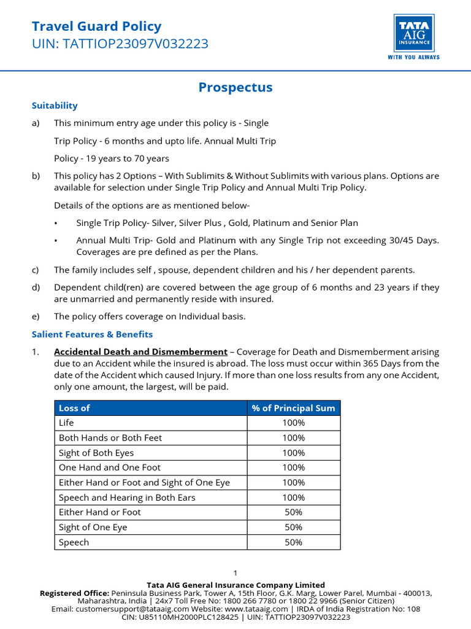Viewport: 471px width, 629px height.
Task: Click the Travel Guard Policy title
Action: point(96,26)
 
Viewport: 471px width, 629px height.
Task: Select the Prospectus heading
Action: point(235,87)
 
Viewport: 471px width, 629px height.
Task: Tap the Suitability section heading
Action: point(55,106)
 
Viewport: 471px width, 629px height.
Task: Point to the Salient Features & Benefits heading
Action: point(92,334)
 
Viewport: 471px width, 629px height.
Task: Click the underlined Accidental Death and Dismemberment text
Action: point(140,352)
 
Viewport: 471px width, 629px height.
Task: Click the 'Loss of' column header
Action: point(74,408)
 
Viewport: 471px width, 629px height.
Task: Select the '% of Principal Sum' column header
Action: point(294,408)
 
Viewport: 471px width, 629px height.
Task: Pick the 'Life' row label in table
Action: point(66,423)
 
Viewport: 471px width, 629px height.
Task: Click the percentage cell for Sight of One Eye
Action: point(294,527)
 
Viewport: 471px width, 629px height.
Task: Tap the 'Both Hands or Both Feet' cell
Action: point(110,438)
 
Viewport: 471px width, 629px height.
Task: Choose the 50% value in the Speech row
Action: point(294,542)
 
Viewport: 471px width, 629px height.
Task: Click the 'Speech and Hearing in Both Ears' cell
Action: point(127,498)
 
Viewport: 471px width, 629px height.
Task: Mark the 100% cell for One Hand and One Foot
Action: point(294,467)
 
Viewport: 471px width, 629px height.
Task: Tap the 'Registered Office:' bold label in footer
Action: point(74,593)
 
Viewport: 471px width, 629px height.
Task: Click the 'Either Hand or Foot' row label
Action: point(99,512)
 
